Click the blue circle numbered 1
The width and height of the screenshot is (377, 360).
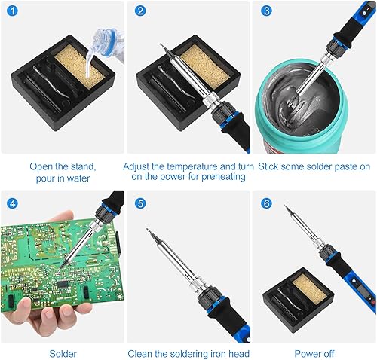coord(12,11)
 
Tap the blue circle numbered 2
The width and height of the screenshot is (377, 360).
coord(140,11)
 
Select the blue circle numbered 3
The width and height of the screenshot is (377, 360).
coord(266,11)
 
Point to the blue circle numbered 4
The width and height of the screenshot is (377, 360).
coord(12,203)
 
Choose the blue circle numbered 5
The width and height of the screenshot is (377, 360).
coord(140,203)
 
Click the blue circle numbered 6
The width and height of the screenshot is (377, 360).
coord(266,203)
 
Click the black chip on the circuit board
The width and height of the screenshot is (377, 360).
coord(63,284)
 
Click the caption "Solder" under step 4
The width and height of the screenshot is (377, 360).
coord(63,354)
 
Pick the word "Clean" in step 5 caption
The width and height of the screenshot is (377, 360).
coord(139,354)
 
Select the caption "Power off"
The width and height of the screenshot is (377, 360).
coord(314,354)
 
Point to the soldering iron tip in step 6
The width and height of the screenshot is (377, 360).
coord(287,208)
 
